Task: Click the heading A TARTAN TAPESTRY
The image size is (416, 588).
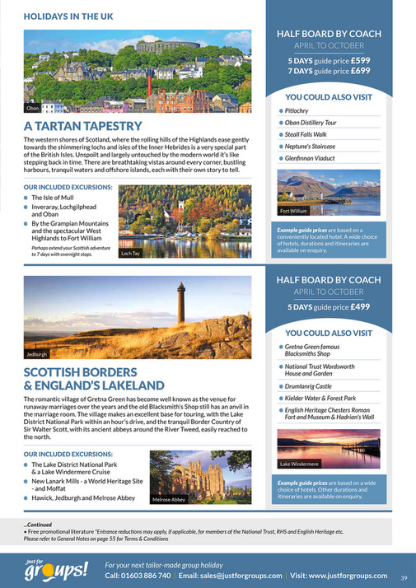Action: [x=83, y=126]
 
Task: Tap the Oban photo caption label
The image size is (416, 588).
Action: [x=33, y=108]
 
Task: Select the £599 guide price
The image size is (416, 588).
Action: [x=362, y=61]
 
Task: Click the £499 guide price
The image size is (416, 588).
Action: [x=362, y=307]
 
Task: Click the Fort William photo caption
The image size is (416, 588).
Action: [x=294, y=210]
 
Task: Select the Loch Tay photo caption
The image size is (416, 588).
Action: [x=131, y=254]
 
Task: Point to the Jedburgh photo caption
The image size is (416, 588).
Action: [x=37, y=354]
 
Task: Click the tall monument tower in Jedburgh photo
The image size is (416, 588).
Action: [x=180, y=306]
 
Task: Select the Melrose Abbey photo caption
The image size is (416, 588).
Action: [x=169, y=500]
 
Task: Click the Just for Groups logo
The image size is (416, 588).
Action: [x=57, y=569]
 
